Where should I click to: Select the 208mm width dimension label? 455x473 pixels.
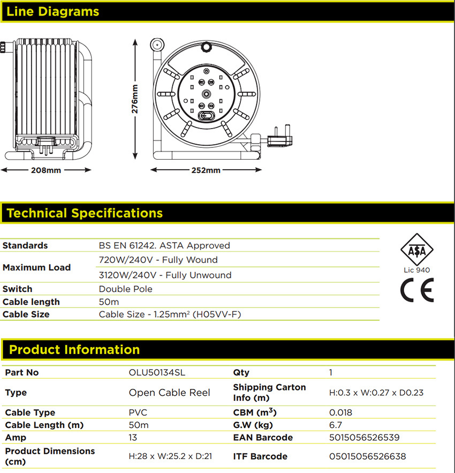tap(46, 170)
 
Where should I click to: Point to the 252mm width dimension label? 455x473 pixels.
tap(206, 170)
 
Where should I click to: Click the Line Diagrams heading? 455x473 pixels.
tap(53, 11)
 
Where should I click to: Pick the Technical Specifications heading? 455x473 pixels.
tap(85, 213)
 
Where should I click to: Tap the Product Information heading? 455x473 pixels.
tap(74, 350)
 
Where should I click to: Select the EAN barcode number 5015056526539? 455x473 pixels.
tap(364, 438)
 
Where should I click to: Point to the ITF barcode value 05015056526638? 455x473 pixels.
tap(367, 456)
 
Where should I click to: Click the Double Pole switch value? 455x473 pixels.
tap(126, 289)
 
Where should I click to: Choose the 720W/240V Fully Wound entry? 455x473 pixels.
tap(158, 260)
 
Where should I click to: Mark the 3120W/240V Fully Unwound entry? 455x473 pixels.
tap(165, 275)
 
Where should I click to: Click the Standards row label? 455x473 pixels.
tap(25, 245)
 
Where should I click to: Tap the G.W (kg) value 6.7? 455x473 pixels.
tap(336, 425)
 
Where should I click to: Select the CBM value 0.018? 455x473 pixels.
tap(340, 412)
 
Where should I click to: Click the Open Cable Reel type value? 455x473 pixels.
tap(170, 393)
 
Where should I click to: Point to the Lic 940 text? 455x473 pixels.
tap(416, 270)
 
